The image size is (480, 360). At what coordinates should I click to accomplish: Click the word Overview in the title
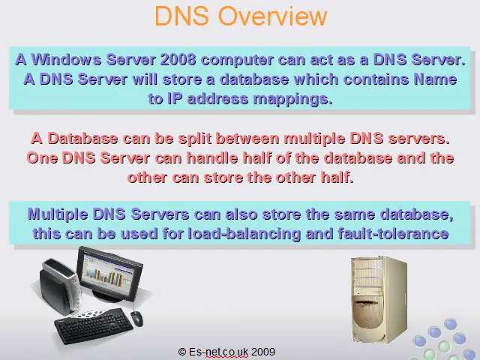click(x=272, y=15)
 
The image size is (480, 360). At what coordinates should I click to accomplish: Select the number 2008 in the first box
click(x=178, y=59)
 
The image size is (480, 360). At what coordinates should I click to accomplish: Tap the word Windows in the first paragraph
click(x=67, y=59)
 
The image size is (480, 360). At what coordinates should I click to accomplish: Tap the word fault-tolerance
click(x=393, y=234)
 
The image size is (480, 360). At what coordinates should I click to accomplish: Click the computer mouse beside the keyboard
click(x=136, y=319)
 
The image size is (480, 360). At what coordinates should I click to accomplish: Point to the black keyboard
click(x=94, y=325)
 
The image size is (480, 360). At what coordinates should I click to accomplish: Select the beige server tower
click(x=379, y=299)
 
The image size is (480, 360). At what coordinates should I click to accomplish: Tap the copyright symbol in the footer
click(x=181, y=352)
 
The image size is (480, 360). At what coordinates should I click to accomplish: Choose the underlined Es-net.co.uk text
click(x=218, y=352)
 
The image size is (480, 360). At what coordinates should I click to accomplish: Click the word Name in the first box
click(x=435, y=79)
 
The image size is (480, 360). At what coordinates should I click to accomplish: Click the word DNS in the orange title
click(x=182, y=15)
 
